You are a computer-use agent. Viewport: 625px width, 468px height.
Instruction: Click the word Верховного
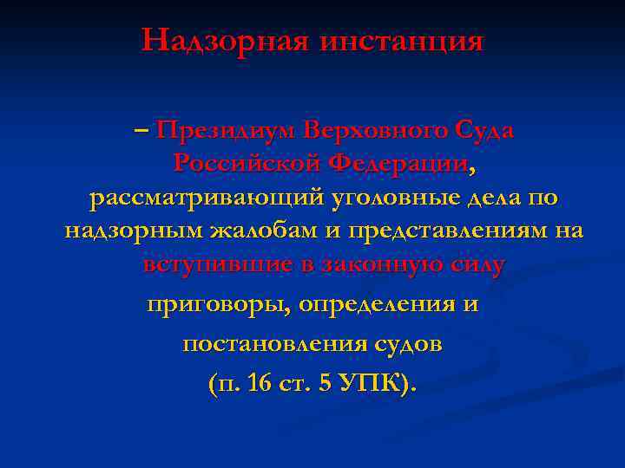click(x=376, y=130)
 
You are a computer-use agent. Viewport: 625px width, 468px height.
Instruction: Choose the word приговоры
click(x=220, y=305)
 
